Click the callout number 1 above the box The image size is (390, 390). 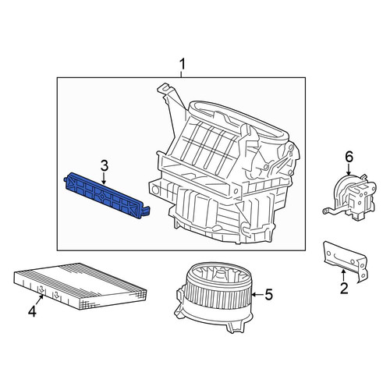click(x=183, y=64)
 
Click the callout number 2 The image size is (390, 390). click(x=344, y=288)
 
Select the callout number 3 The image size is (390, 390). click(x=105, y=165)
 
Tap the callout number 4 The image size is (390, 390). click(x=32, y=311)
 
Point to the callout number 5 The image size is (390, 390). click(x=268, y=295)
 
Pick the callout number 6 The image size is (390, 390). click(x=349, y=157)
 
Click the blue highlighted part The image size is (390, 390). click(x=107, y=196)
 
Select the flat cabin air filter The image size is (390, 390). click(x=80, y=285)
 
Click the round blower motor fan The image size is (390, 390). click(x=214, y=296)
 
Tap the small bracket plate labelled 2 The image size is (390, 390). click(x=346, y=262)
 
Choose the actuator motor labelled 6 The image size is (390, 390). click(x=349, y=197)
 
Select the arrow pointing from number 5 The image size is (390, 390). click(x=257, y=295)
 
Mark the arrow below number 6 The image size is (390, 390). click(x=349, y=169)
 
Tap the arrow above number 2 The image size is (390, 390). click(x=343, y=275)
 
